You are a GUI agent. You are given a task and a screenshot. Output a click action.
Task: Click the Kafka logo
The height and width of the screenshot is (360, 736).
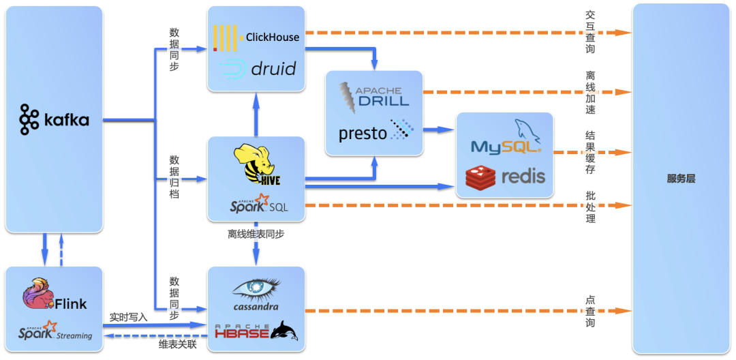click(x=54, y=119)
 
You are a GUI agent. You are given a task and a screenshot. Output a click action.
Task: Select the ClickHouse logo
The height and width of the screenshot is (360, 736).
click(x=256, y=37)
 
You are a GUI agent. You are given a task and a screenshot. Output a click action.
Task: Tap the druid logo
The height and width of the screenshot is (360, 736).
click(x=256, y=68)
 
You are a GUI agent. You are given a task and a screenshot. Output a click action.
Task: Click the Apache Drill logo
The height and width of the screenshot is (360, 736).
click(x=374, y=93)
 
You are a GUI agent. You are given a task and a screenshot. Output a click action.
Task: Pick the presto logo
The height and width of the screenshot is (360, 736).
click(x=375, y=132)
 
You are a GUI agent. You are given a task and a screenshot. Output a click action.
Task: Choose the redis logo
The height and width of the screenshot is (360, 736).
click(x=505, y=177)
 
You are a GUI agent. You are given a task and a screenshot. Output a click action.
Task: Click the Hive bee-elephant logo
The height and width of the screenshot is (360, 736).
click(x=256, y=164)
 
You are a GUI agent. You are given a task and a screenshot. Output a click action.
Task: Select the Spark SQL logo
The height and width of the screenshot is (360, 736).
click(x=258, y=202)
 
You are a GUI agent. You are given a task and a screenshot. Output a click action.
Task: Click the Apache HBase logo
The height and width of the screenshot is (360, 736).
click(x=256, y=331)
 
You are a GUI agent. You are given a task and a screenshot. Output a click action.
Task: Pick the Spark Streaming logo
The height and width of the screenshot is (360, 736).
click(x=55, y=331)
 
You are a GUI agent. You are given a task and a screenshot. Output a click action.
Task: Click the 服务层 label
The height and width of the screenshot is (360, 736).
click(x=681, y=179)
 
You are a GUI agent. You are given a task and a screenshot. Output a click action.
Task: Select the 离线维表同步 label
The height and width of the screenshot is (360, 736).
click(x=256, y=234)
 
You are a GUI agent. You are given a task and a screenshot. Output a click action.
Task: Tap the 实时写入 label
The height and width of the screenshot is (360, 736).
click(x=128, y=318)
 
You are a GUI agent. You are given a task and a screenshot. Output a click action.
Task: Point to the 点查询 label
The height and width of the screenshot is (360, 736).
click(x=590, y=311)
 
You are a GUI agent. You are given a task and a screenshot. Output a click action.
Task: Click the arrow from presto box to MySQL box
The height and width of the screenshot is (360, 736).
click(x=440, y=129)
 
